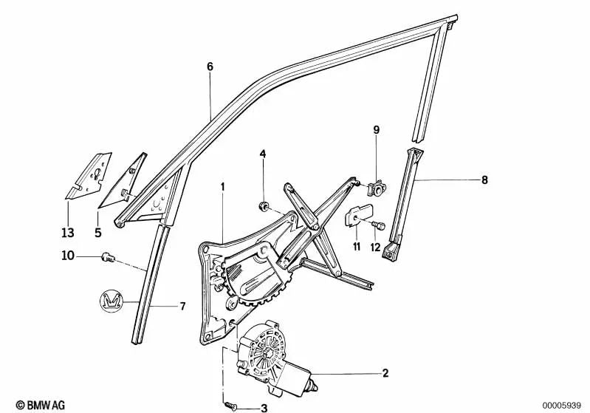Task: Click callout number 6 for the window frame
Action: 210,67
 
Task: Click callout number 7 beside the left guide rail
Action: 182,306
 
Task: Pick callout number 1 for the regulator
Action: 222,187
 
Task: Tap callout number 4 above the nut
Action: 261,154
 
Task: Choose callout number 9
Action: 375,130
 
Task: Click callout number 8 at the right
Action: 464,180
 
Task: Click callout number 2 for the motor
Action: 385,374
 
